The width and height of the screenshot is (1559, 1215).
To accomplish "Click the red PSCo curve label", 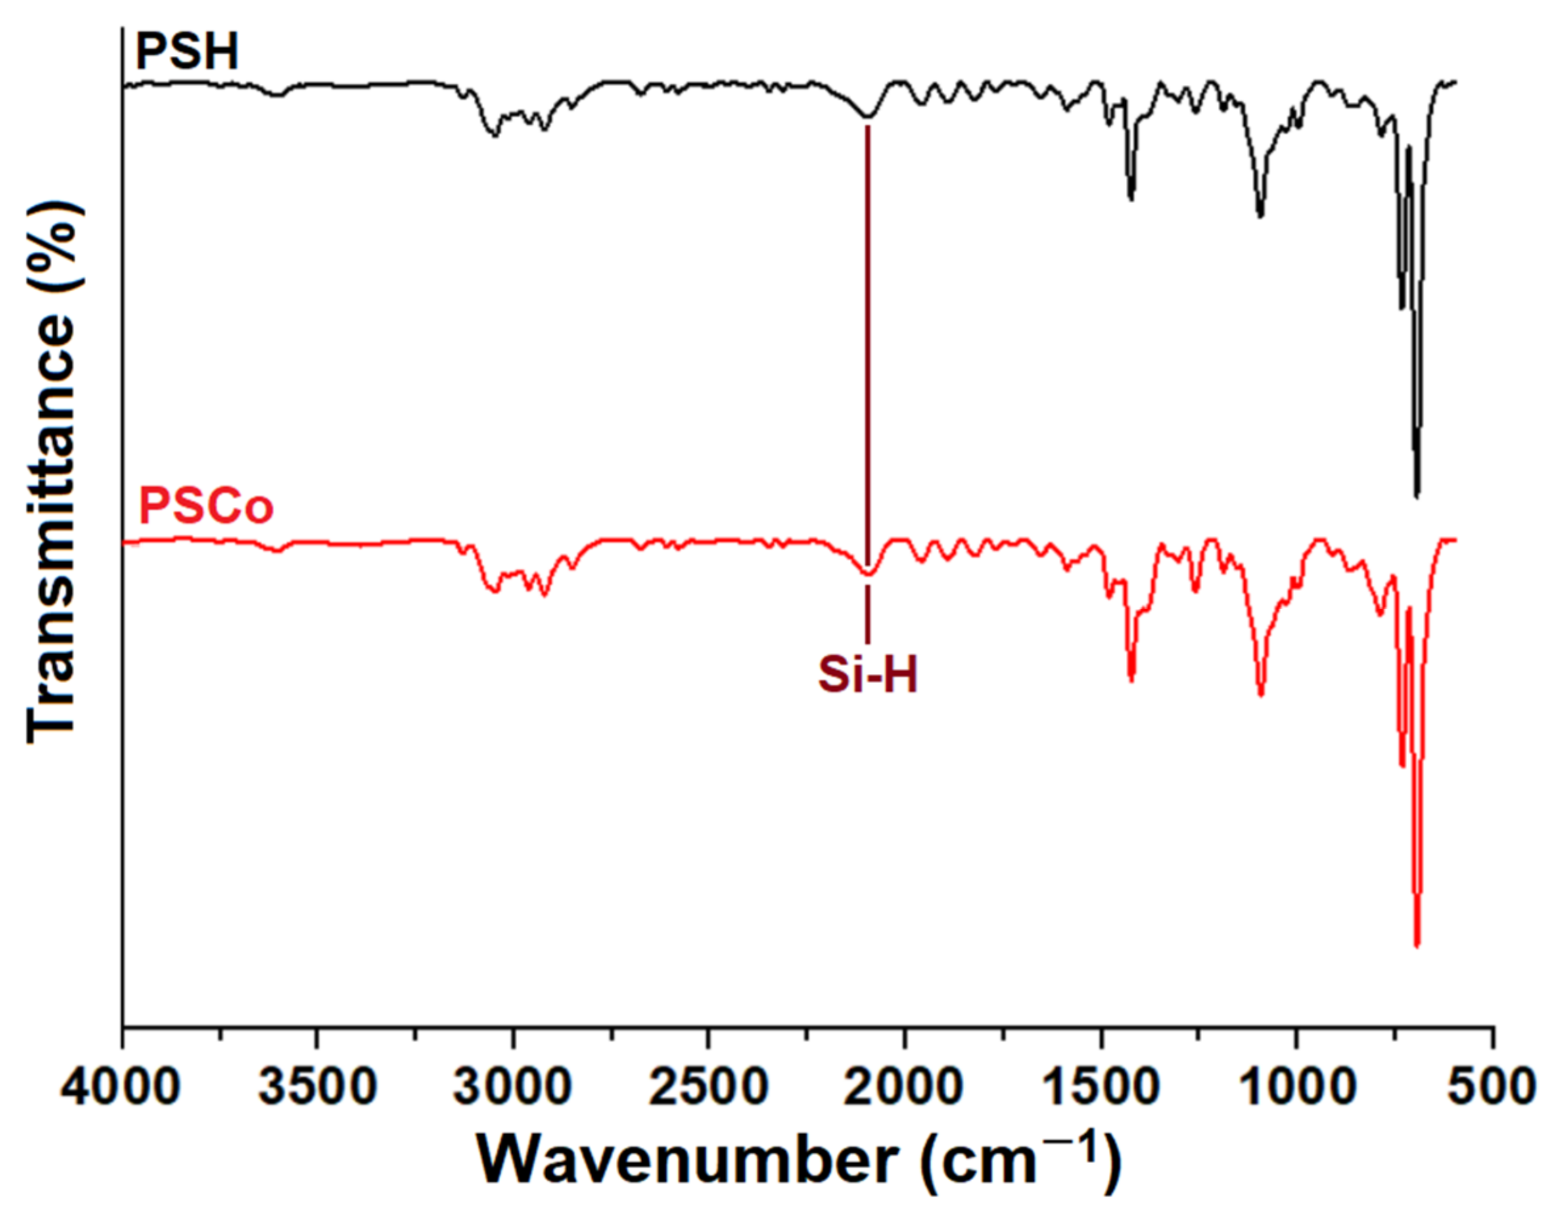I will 206,507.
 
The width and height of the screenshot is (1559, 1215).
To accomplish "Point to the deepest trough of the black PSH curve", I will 1417,494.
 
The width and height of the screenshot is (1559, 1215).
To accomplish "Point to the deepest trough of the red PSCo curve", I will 1417,946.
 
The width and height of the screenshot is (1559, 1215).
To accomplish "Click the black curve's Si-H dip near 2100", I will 868,116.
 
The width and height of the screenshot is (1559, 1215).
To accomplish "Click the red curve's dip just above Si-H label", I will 868,574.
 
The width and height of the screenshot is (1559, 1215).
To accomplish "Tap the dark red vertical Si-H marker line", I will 868,357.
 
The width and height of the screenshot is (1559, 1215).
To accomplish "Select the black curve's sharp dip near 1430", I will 1130,199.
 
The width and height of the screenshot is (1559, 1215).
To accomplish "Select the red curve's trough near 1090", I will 1261,694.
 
